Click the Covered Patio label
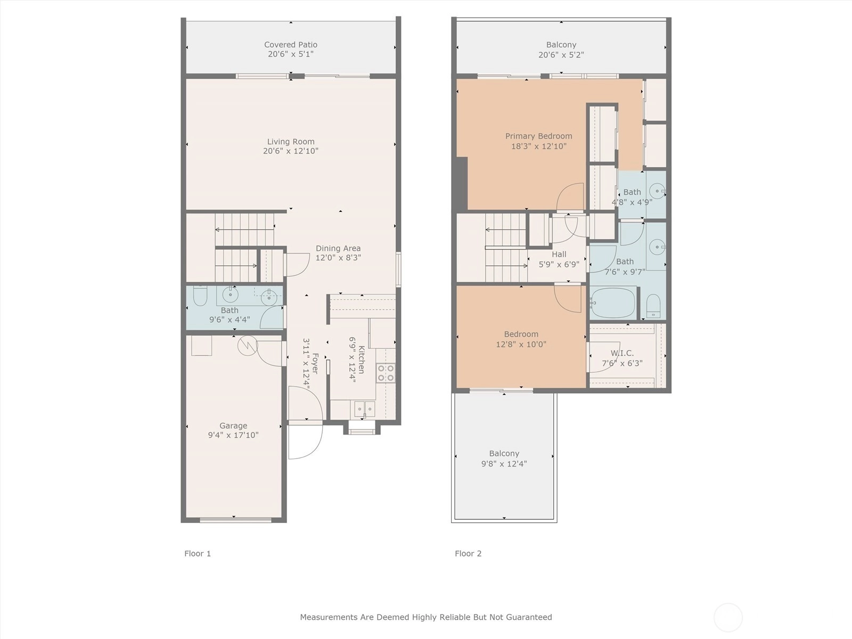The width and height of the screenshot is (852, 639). click(291, 45)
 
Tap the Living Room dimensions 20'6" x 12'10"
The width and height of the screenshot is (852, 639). click(291, 151)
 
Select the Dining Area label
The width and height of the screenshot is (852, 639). click(338, 248)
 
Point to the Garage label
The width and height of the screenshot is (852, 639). click(233, 425)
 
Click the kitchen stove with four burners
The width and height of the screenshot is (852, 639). click(386, 373)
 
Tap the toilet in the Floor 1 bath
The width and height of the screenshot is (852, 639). click(200, 296)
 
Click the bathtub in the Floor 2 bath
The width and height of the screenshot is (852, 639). click(612, 303)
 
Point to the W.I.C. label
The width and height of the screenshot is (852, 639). click(622, 353)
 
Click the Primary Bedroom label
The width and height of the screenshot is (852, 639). click(538, 136)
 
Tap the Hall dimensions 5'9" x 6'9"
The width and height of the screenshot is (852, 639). click(559, 265)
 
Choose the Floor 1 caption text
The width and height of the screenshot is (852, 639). click(198, 554)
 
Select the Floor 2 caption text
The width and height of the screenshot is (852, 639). click(468, 554)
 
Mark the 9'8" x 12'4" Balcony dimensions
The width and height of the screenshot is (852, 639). click(504, 464)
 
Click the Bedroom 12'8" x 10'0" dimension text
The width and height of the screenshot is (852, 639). click(521, 344)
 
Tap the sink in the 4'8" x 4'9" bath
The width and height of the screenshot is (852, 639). click(657, 191)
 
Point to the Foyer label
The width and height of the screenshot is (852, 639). click(315, 363)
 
